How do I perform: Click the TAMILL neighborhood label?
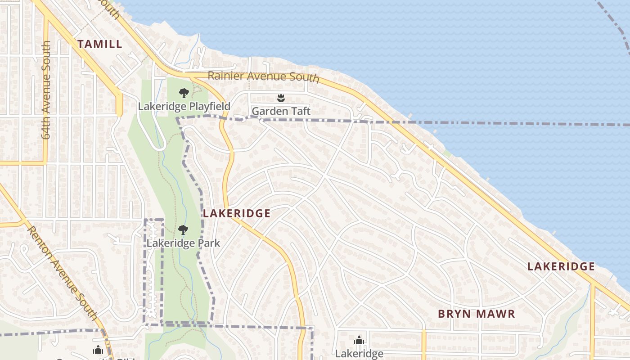[99, 44]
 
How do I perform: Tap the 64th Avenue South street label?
[47, 90]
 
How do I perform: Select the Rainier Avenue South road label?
[263, 76]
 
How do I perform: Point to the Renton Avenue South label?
[63, 273]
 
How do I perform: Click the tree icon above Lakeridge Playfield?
[184, 93]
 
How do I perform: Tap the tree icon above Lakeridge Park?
[183, 230]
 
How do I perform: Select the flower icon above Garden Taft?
[281, 98]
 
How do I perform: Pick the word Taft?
[299, 111]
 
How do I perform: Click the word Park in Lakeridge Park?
[210, 243]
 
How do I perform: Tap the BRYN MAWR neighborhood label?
[476, 314]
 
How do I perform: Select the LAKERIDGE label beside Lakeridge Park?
[236, 214]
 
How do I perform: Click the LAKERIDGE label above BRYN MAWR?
[561, 267]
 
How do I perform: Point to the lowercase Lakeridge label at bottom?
[359, 354]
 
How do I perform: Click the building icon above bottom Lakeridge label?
[359, 341]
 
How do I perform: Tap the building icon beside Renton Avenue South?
[98, 350]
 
